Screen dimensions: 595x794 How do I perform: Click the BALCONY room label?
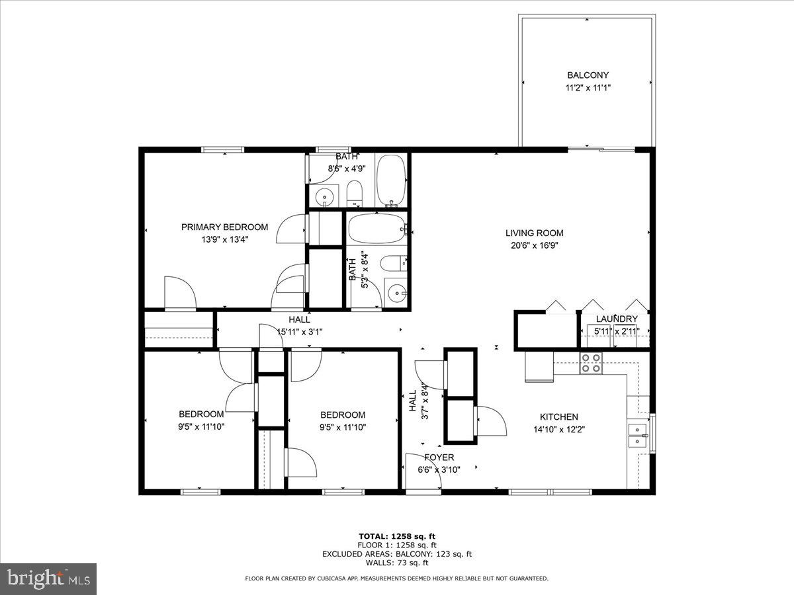coord(587,75)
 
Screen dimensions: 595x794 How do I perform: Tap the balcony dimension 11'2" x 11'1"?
coord(587,87)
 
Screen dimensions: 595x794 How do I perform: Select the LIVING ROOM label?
coord(534,233)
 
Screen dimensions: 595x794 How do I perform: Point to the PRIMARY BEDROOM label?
coord(224,227)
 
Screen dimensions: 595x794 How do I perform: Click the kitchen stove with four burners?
coord(591,363)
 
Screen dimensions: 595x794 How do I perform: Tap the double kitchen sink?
coord(637,435)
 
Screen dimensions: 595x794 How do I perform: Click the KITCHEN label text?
coord(558,416)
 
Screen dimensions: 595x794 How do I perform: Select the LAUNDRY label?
coord(616,319)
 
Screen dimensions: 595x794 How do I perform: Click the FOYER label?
coord(439,457)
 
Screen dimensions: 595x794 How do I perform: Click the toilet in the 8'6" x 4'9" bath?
coord(355,194)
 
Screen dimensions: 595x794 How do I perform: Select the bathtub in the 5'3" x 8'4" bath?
coord(376,229)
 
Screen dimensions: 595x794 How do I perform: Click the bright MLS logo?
coord(48,579)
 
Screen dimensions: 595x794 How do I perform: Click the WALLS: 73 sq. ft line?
coord(396,563)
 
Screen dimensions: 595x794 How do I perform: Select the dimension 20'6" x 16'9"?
coord(534,245)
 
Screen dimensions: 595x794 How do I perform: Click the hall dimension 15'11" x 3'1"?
coord(299,332)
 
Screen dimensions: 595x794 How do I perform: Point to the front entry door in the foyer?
coord(423,473)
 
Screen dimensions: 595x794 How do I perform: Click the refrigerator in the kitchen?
coord(539,367)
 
